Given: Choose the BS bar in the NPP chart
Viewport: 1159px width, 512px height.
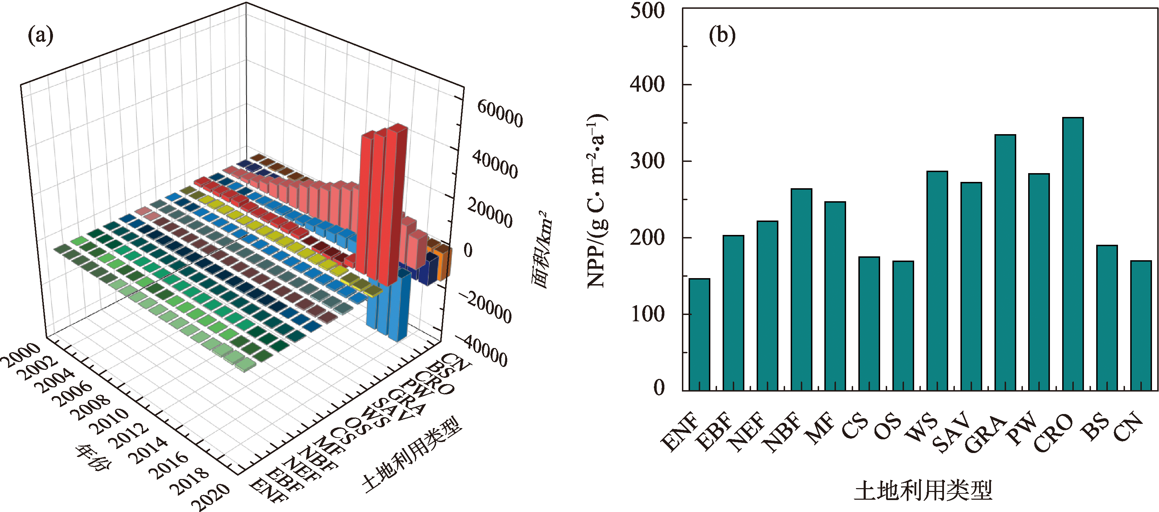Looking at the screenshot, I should click(x=1107, y=317).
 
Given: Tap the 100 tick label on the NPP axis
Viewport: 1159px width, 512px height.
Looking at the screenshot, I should click(x=648, y=314).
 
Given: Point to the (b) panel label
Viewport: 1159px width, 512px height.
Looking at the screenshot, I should click(x=722, y=35).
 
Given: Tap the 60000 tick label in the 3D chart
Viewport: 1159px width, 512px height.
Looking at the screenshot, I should click(x=500, y=114).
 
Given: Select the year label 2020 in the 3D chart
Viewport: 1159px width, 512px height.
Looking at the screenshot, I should click(x=210, y=496).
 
